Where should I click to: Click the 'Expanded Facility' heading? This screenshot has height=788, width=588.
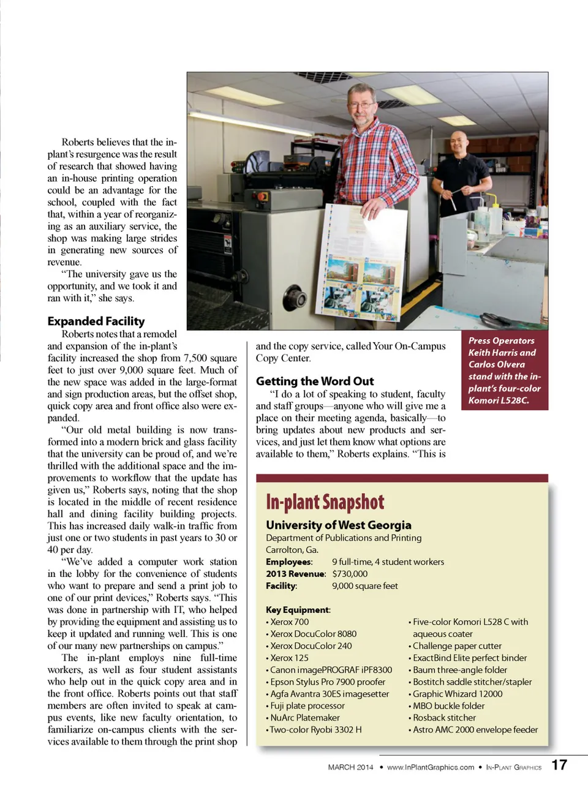[x=96, y=321]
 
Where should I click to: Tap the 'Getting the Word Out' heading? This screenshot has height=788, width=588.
[x=314, y=381]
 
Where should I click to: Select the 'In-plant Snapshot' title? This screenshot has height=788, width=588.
[x=325, y=503]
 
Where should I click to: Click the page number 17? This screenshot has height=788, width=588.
[x=559, y=765]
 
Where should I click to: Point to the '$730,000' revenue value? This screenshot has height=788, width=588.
[x=350, y=574]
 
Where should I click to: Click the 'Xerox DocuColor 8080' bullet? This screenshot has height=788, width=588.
[x=313, y=634]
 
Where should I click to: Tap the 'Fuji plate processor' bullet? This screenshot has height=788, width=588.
[x=307, y=705]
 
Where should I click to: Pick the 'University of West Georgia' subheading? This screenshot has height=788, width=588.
[x=338, y=525]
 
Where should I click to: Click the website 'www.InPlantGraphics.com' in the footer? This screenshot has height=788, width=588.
[x=430, y=767]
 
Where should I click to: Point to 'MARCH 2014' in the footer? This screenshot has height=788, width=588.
[x=350, y=767]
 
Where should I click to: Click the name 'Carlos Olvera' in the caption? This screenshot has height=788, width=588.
[x=496, y=364]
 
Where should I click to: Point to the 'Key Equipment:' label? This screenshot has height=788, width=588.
[x=298, y=610]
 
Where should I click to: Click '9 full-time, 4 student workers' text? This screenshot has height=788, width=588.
[x=388, y=561]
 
